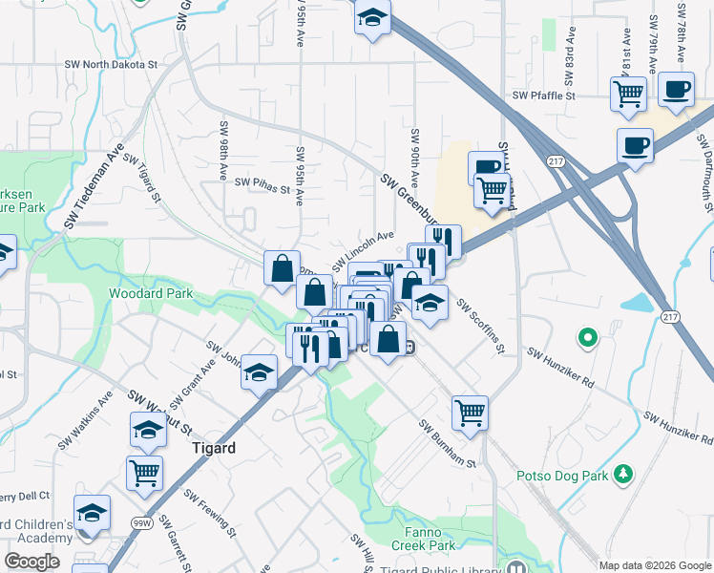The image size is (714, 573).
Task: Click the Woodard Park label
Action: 151,293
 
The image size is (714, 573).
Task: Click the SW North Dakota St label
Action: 110,64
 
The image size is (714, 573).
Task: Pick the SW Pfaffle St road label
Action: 543,95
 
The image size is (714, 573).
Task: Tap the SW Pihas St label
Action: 262,185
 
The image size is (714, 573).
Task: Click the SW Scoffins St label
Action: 480,326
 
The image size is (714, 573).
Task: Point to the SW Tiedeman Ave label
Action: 94,187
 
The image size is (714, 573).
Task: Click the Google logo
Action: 32,562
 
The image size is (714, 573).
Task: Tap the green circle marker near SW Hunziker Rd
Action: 588,337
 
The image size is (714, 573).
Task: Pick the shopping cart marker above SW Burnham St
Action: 470,413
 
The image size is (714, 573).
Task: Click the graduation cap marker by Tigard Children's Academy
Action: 92,513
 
